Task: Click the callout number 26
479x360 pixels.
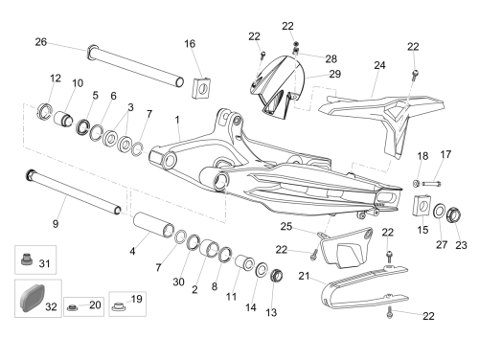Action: [x=41, y=42]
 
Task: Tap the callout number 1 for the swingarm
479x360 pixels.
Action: [x=177, y=120]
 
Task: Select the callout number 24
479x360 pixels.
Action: [x=379, y=65]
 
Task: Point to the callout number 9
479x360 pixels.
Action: [x=56, y=224]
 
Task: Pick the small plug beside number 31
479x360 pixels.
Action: [x=26, y=259]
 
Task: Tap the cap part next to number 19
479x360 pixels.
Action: [x=119, y=306]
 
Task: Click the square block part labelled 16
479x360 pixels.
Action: [x=201, y=87]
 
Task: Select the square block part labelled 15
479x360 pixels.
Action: [x=422, y=205]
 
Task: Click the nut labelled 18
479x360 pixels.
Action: [x=416, y=183]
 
